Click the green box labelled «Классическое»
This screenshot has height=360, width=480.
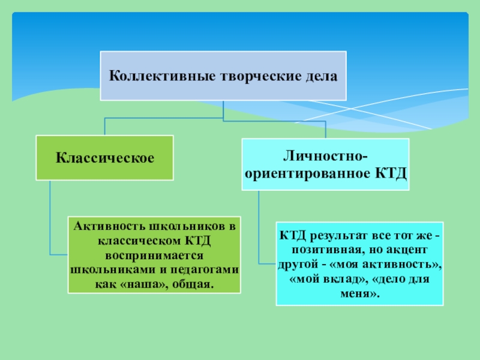point(105,158)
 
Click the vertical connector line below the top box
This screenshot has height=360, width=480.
point(223,110)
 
